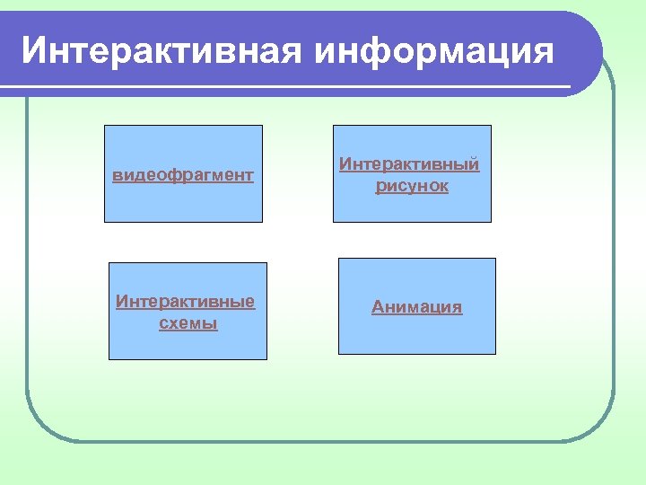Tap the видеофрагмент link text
183,174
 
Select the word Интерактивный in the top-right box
408,164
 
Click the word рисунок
412,187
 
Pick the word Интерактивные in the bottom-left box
185,301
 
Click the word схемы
188,323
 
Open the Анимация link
417,307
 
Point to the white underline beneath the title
296,87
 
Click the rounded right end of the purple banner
588,54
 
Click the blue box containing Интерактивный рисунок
412,207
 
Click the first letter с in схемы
162,324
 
